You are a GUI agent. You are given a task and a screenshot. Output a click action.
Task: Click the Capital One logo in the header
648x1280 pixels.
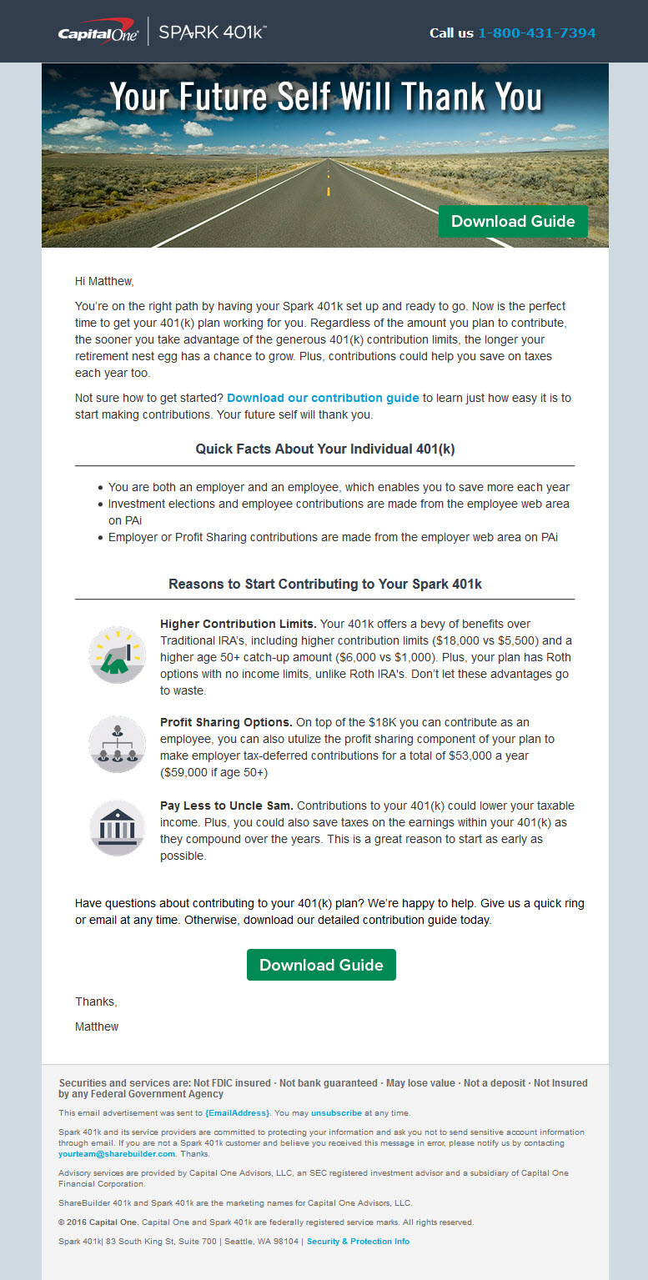pos(98,33)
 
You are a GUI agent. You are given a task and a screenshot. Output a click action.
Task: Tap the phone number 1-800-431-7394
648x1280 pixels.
pos(536,33)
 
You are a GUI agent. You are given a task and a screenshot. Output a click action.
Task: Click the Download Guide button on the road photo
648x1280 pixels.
pos(513,221)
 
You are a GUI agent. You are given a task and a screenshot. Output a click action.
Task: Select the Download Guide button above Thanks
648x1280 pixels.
pos(321,965)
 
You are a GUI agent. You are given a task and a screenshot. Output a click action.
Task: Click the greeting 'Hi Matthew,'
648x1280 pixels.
pos(104,281)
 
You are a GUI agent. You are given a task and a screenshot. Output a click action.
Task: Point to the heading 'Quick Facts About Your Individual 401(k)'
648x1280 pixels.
pos(324,449)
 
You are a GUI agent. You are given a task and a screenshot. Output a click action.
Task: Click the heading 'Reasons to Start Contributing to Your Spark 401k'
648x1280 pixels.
pos(324,584)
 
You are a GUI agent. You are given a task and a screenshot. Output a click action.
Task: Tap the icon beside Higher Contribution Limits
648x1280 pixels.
pos(118,655)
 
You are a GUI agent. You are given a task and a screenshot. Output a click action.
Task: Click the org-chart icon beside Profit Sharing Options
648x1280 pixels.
pos(118,744)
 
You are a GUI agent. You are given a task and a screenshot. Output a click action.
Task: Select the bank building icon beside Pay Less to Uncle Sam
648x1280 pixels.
pos(118,827)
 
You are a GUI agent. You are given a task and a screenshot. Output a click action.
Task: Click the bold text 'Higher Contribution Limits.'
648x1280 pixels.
pos(239,624)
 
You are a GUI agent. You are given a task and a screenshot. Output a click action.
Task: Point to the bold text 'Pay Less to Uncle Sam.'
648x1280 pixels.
pos(227,806)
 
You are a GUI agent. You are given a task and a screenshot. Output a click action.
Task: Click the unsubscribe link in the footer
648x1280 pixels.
pos(336,1112)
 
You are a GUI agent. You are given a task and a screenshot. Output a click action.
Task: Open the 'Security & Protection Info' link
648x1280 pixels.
pos(358,1241)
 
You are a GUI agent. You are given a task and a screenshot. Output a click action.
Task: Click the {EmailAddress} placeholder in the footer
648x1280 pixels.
pos(238,1112)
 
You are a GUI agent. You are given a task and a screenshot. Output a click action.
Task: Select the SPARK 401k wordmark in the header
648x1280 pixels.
pos(213,33)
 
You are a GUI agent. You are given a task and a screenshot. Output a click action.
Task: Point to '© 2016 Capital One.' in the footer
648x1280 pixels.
pos(98,1222)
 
